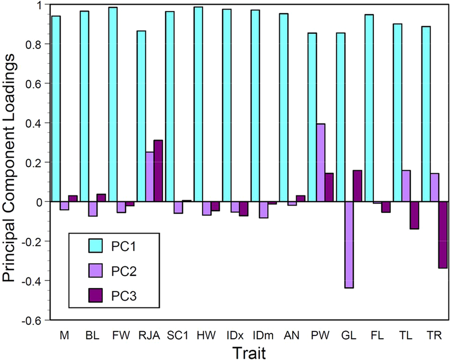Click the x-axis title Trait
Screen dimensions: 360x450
click(246, 352)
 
